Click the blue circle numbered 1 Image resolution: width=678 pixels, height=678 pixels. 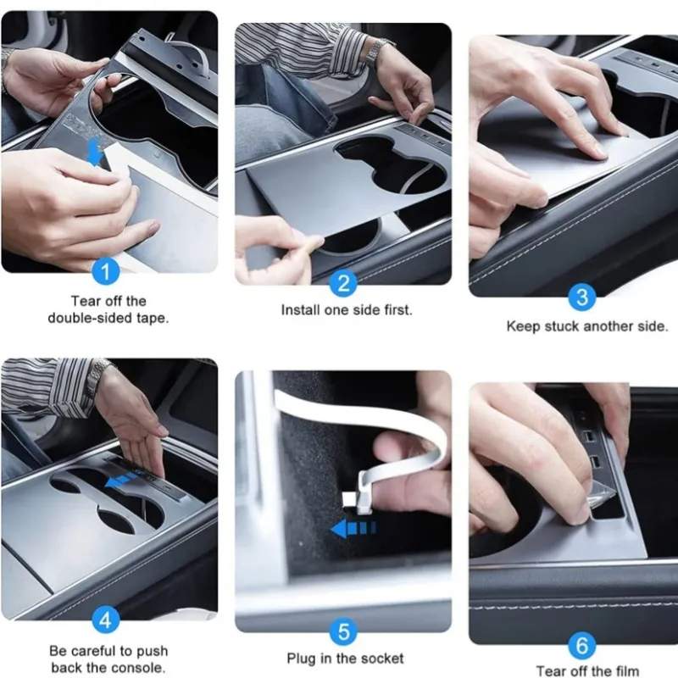pyautogui.click(x=105, y=273)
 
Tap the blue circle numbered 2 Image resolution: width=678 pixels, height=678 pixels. pyautogui.click(x=342, y=283)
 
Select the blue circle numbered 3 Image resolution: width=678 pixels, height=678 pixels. pyautogui.click(x=581, y=298)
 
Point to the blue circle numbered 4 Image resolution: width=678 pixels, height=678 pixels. pyautogui.click(x=105, y=620)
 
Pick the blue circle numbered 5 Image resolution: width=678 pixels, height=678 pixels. pyautogui.click(x=342, y=631)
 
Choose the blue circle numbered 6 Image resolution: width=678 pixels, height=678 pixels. pyautogui.click(x=581, y=646)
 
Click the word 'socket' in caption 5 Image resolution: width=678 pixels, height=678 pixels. pyautogui.click(x=381, y=659)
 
